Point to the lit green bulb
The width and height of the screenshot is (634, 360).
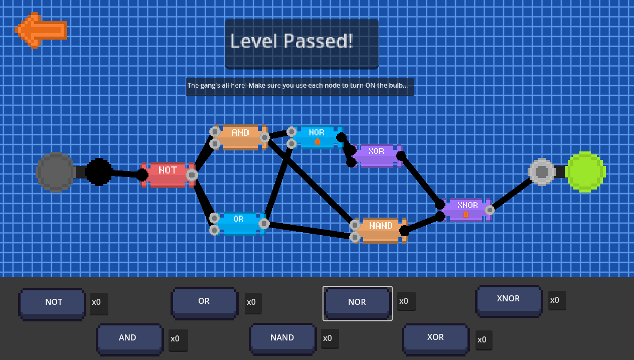click(x=585, y=172)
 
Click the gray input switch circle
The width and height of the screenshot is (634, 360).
click(x=55, y=172)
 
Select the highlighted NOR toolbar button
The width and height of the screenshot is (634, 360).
click(x=357, y=303)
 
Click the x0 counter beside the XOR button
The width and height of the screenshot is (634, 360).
click(x=482, y=340)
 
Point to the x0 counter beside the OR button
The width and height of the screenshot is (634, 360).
click(x=251, y=303)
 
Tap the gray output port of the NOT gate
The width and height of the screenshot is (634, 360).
click(x=192, y=175)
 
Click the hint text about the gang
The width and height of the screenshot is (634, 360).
click(x=299, y=86)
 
